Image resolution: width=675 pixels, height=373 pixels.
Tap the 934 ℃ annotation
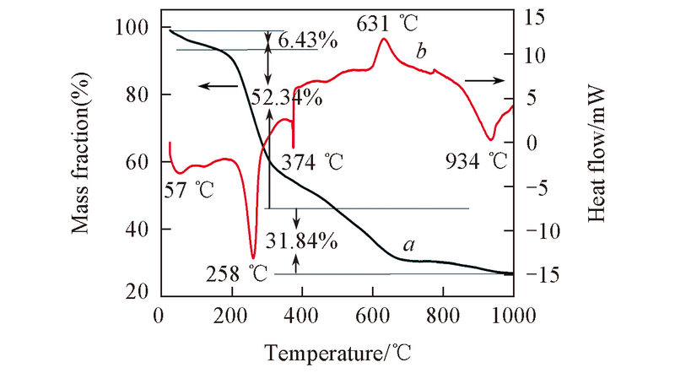pos(472,159)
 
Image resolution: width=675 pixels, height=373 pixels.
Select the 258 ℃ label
pos(236,273)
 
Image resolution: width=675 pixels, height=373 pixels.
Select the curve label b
pos(420,55)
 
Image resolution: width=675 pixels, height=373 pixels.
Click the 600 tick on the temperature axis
pos(371,316)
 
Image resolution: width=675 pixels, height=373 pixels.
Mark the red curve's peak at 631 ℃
pos(384,39)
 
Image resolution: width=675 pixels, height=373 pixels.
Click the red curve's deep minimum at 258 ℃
pos(252,257)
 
